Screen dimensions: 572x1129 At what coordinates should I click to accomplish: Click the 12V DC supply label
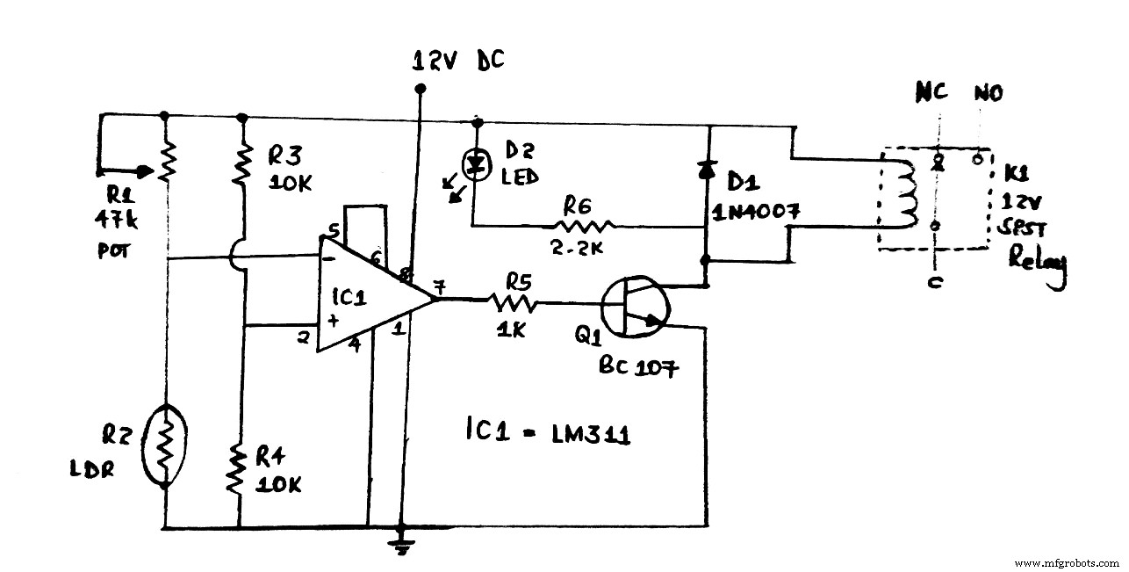[x=459, y=62]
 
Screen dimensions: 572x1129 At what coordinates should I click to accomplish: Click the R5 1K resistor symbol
[x=514, y=302]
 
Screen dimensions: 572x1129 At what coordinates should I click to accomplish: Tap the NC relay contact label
[x=931, y=93]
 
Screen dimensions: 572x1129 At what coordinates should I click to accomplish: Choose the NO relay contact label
[x=988, y=93]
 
